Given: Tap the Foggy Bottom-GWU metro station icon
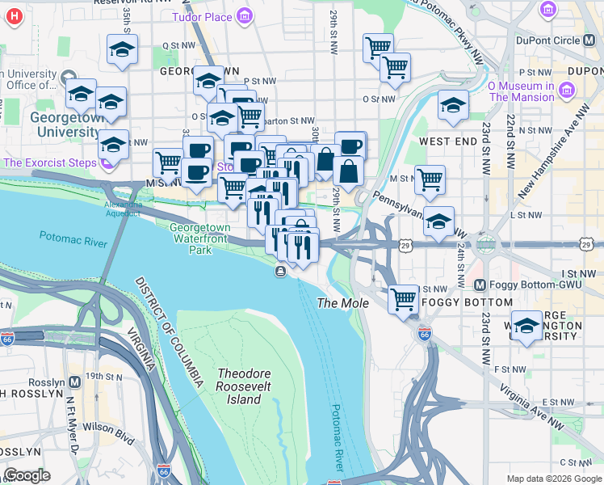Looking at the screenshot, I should pyautogui.click(x=479, y=285).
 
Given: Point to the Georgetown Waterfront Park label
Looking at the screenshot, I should pyautogui.click(x=199, y=238).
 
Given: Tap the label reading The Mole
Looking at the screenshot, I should pyautogui.click(x=342, y=303).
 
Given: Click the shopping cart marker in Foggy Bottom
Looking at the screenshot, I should pyautogui.click(x=403, y=299).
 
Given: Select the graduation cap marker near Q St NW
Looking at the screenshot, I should pyautogui.click(x=122, y=50).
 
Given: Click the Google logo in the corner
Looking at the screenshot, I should pyautogui.click(x=27, y=475).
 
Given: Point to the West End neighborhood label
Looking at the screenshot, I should pyautogui.click(x=447, y=141).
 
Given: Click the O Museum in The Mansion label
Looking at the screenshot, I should pyautogui.click(x=521, y=91).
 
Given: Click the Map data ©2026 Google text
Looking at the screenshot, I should pyautogui.click(x=554, y=479).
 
